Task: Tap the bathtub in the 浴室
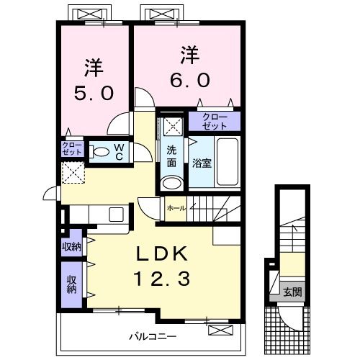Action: pyautogui.click(x=228, y=162)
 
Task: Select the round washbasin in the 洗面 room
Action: pyautogui.click(x=171, y=183)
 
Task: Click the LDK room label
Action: pyautogui.click(x=162, y=254)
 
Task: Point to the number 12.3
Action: pyautogui.click(x=163, y=278)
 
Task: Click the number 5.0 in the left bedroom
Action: pyautogui.click(x=94, y=94)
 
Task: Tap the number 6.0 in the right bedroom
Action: pyautogui.click(x=190, y=80)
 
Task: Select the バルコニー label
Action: pyautogui.click(x=153, y=336)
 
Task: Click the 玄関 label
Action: pyautogui.click(x=292, y=292)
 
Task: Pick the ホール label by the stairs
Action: pyautogui.click(x=176, y=208)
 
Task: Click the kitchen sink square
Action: pyautogui.click(x=116, y=215)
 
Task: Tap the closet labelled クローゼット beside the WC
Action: pyautogui.click(x=72, y=149)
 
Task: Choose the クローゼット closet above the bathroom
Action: pyautogui.click(x=215, y=122)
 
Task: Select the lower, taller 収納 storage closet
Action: pyautogui.click(x=72, y=284)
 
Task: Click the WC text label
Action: pyautogui.click(x=119, y=152)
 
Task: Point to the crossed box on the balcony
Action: pyautogui.click(x=220, y=330)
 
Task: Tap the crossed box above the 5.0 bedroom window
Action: pyautogui.click(x=90, y=14)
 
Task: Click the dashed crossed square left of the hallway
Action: pyautogui.click(x=73, y=173)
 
